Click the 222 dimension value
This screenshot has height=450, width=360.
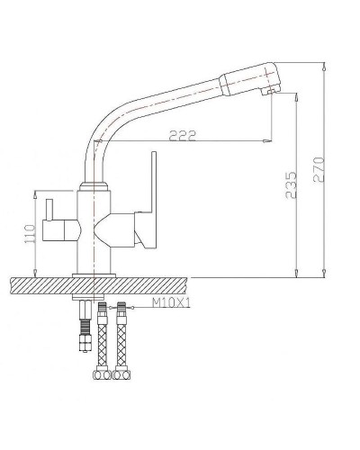[183, 135]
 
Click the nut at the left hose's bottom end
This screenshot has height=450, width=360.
[99, 373]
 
